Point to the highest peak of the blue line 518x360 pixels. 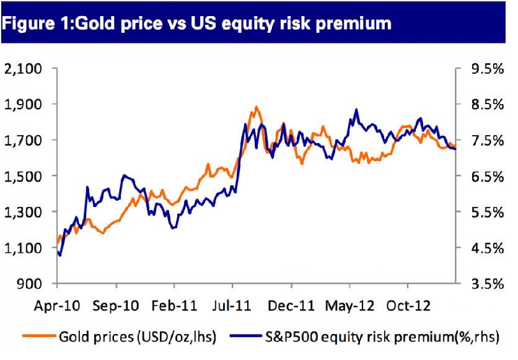click(356, 110)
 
